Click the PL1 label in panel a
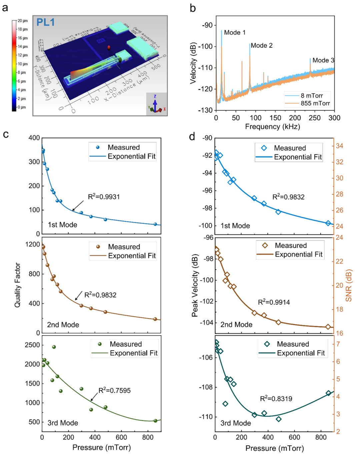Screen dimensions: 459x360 45,22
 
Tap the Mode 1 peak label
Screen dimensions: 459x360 235,32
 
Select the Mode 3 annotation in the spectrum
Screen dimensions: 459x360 323,60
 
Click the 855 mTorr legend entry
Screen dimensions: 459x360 315,103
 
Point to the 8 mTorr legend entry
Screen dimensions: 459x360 312,96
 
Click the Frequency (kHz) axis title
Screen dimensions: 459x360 272,127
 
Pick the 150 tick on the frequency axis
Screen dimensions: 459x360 275,118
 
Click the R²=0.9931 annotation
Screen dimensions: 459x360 104,197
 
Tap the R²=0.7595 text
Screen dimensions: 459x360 114,391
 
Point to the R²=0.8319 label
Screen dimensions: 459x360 276,399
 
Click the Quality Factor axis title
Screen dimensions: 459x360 17,285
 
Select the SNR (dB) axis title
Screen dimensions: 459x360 349,285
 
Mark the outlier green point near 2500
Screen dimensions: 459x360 54,347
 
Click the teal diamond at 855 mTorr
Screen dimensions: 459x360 328,393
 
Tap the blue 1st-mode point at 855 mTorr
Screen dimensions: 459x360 155,224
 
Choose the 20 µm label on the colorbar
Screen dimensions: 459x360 23,21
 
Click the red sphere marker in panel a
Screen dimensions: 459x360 109,48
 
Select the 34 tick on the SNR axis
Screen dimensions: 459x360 339,146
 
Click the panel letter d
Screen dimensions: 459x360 192,136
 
